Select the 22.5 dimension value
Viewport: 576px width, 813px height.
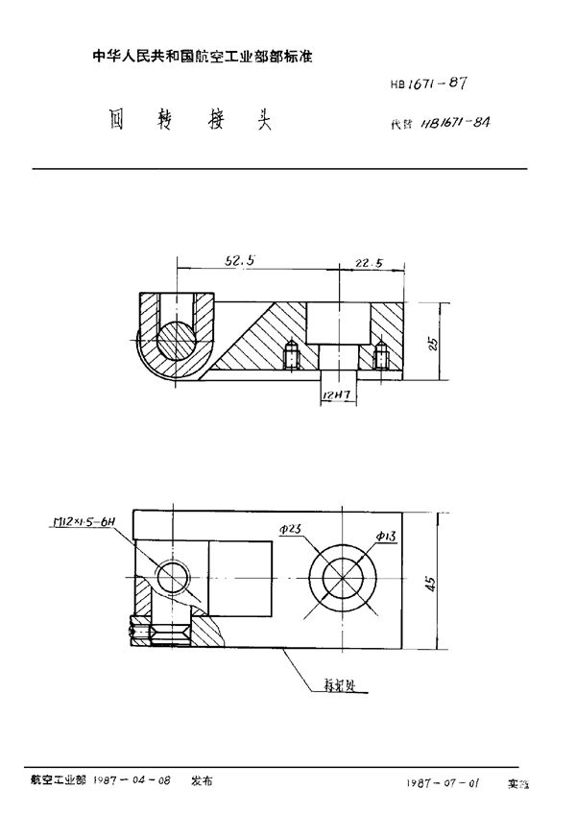(x=370, y=262)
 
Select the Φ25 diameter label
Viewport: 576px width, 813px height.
(x=292, y=531)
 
